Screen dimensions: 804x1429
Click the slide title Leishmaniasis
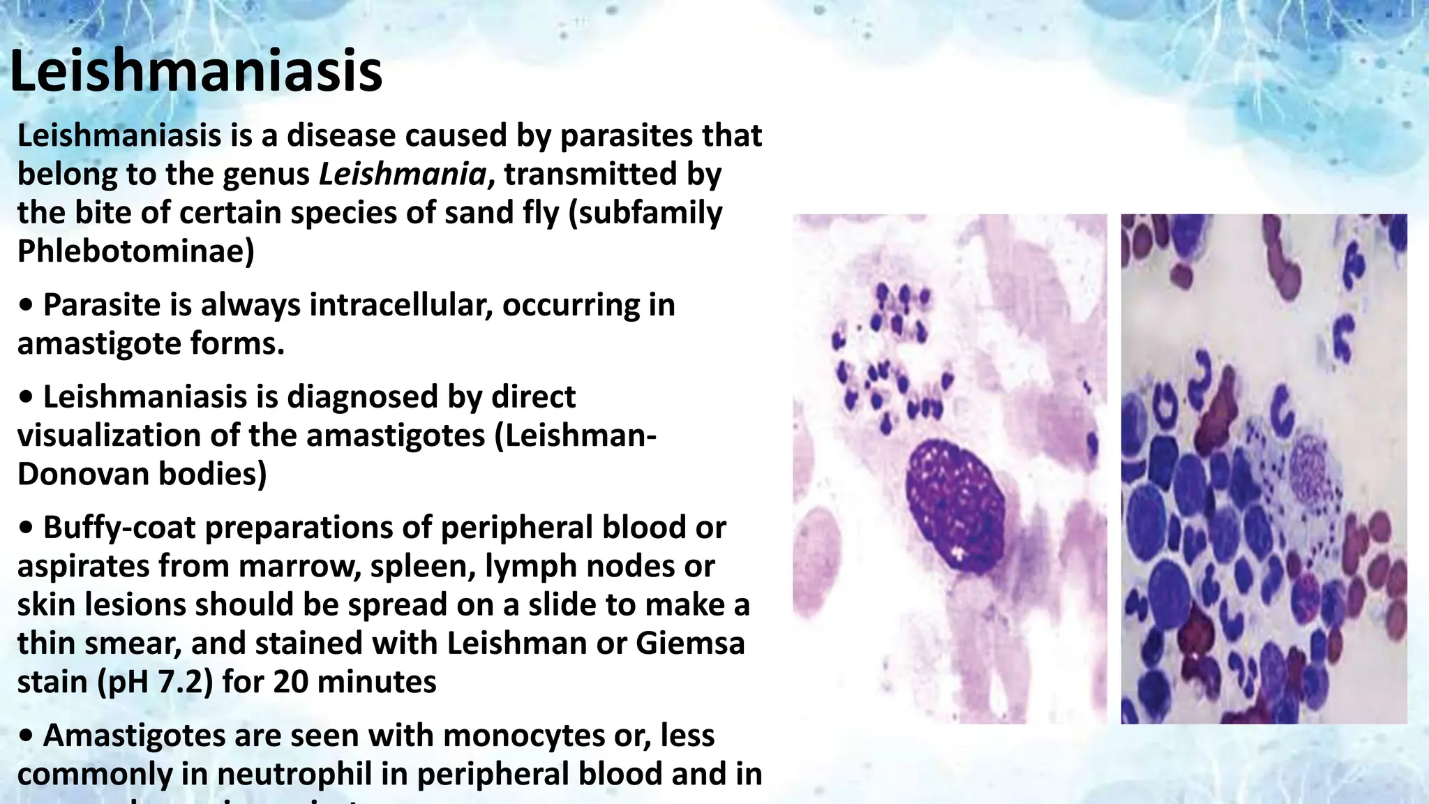(x=196, y=71)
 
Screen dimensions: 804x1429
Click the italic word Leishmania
(x=402, y=174)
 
